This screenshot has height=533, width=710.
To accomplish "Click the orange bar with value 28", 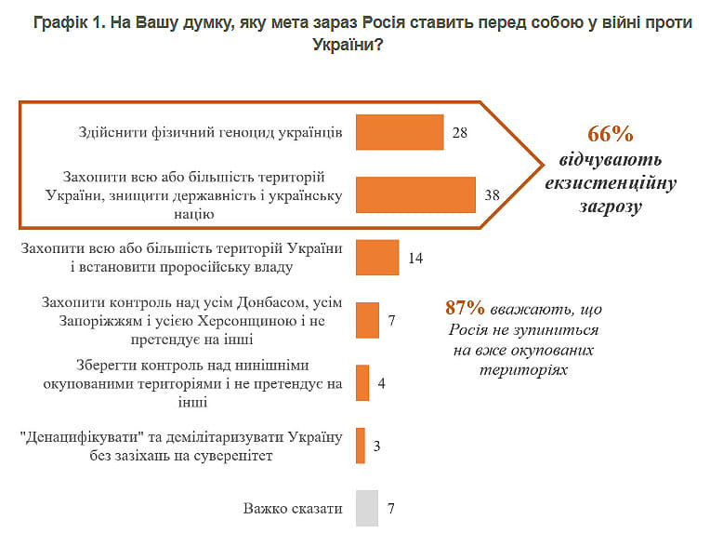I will click(400, 132).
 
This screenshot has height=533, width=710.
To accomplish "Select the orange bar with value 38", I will click(415, 195).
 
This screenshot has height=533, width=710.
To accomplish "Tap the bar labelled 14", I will click(377, 258).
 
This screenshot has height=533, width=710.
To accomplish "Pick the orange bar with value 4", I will click(362, 383).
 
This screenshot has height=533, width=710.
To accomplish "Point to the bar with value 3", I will click(361, 446).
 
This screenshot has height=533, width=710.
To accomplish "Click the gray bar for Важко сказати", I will click(367, 509).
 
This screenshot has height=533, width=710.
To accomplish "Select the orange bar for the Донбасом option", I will click(367, 320).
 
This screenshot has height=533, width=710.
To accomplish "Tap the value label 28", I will click(460, 133).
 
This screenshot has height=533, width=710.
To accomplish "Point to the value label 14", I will click(415, 259).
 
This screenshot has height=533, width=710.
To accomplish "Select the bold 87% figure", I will click(466, 308).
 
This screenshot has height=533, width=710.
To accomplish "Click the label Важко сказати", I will click(293, 509).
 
